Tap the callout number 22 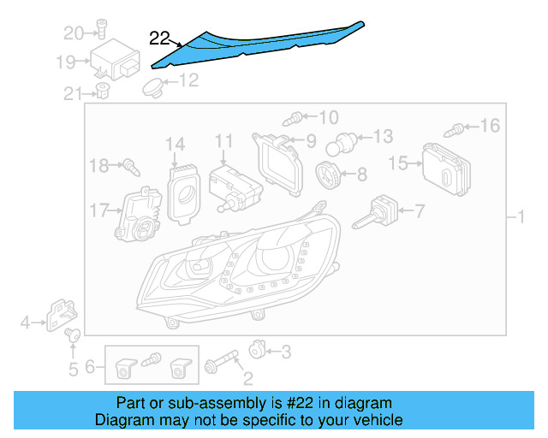pyautogui.click(x=160, y=38)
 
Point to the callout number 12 pyautogui.click(x=188, y=80)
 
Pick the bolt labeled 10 pyautogui.click(x=296, y=116)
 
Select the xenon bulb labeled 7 pyautogui.click(x=377, y=211)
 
